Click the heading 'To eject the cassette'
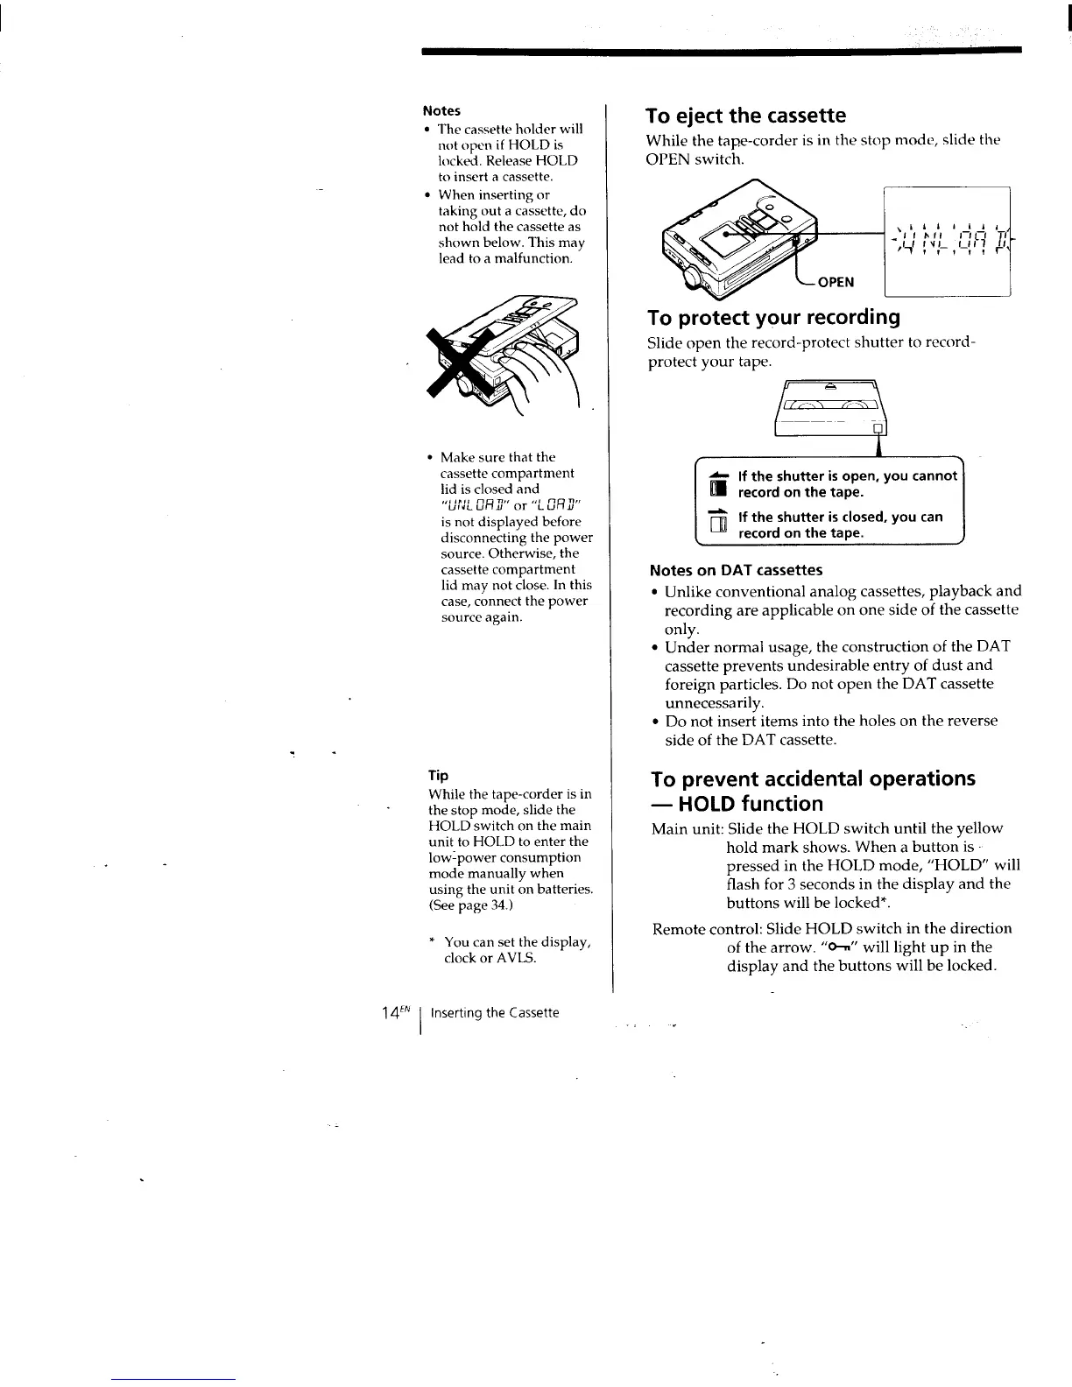(x=745, y=116)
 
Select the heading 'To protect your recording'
(x=773, y=317)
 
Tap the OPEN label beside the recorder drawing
(x=836, y=282)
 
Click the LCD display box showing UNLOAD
(x=948, y=243)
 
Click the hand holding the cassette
(x=542, y=368)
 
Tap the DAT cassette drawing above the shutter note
(x=831, y=408)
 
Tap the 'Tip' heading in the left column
(x=438, y=776)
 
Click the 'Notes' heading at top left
(x=441, y=110)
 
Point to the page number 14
(x=391, y=1013)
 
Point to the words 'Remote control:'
(x=701, y=928)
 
